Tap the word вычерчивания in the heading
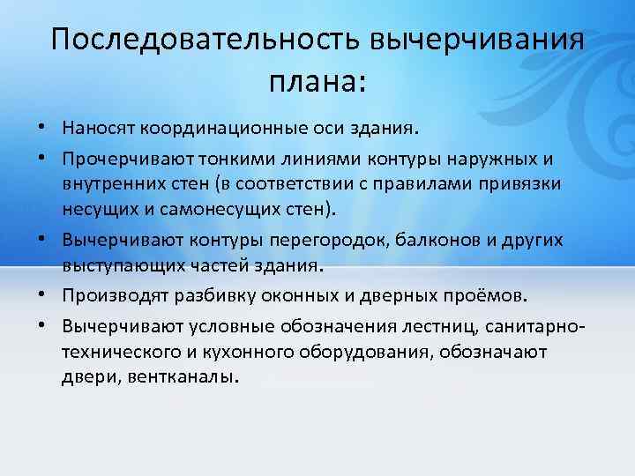click(x=477, y=39)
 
